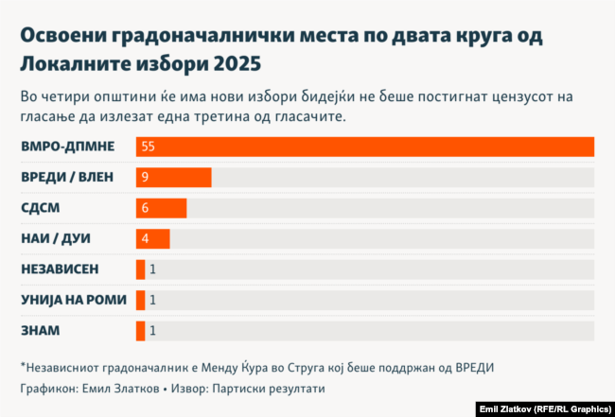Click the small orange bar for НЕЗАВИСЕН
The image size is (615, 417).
coord(140,269)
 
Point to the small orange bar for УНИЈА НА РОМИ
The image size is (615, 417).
coord(140,300)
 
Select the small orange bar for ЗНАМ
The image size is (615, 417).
coord(140,330)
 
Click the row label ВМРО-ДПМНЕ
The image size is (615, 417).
coord(67,147)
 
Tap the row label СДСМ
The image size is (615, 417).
coord(44,208)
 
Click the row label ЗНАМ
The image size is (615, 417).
coord(41,330)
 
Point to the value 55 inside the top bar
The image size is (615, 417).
coord(148,147)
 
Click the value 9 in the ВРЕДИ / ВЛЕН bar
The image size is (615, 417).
coord(145,178)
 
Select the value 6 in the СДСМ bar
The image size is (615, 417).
coord(145,208)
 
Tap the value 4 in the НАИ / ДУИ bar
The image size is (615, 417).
coord(145,238)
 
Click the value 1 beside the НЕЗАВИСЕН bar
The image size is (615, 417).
coord(152,269)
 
